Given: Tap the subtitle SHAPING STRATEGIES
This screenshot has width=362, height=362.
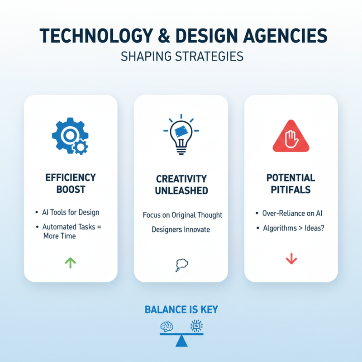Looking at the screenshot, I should pos(181,57).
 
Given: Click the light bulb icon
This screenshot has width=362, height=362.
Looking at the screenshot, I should pos(181,134).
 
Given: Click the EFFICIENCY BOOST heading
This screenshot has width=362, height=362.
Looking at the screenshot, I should pos(71,183).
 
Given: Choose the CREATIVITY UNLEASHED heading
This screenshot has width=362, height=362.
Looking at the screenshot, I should pos(181,185).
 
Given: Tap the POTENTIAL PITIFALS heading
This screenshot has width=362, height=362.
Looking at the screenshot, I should pos(291,183).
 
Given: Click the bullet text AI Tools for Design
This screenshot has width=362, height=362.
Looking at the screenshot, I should pos(71,212).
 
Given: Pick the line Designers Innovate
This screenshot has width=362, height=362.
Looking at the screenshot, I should pos(181,229).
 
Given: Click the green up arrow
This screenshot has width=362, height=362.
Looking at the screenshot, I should pos(71,262).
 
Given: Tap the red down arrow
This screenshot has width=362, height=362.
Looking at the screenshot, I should pos(291,259).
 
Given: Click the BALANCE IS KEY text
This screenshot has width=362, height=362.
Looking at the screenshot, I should pos(181,310).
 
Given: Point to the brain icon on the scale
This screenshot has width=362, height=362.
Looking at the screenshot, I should pos(167,325).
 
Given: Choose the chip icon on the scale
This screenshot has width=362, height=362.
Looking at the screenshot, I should pos(196,325).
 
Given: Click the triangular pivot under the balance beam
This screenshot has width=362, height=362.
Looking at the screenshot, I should pos(181,341).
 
